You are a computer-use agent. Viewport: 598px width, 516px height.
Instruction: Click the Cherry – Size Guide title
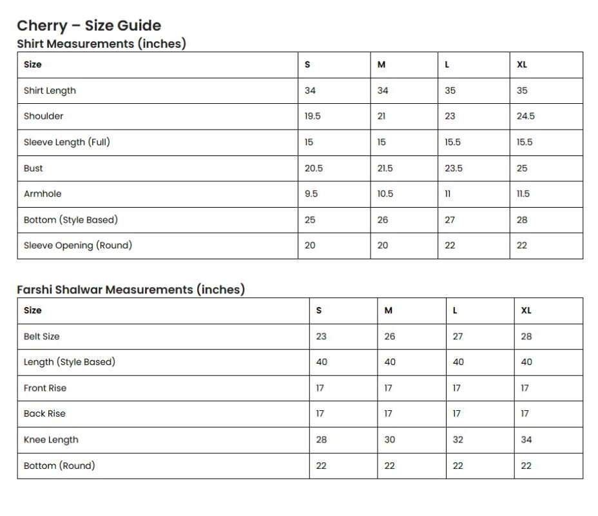point(89,26)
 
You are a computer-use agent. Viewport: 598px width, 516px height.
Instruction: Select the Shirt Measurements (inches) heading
point(101,44)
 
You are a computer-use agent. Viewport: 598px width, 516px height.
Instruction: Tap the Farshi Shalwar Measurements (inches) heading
point(131,290)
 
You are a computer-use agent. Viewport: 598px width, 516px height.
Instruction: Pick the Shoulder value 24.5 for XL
point(525,116)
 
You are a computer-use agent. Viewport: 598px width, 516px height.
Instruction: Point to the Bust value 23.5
point(454,168)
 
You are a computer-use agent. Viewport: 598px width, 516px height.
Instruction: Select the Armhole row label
point(43,193)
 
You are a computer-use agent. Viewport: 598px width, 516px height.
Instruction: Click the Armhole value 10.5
point(385,193)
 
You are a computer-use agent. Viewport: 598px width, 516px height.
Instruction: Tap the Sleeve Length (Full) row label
point(67,142)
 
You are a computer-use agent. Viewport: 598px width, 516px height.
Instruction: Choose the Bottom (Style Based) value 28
point(522,220)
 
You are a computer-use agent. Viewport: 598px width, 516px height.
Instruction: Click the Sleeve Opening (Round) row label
point(78,245)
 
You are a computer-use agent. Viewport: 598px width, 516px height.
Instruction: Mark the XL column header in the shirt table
point(522,64)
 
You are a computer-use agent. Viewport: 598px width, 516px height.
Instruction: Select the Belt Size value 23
point(321,336)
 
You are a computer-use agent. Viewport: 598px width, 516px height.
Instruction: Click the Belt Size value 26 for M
point(390,336)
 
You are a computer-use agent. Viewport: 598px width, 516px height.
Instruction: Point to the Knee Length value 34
point(526,439)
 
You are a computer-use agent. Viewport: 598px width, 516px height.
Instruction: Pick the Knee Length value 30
point(390,439)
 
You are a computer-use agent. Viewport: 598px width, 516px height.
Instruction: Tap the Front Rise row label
point(45,388)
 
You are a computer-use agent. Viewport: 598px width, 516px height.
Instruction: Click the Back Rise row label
point(44,413)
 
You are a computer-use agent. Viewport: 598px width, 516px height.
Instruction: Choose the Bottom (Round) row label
point(59,465)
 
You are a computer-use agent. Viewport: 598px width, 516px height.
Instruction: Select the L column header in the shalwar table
point(455,310)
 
